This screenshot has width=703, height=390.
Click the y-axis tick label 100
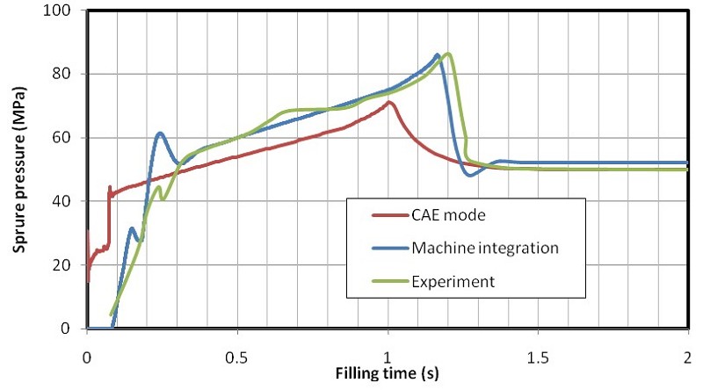tap(56, 11)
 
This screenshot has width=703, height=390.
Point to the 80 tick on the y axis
tap(62, 74)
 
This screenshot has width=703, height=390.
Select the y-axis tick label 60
tap(62, 137)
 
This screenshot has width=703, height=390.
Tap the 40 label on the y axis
tap(62, 201)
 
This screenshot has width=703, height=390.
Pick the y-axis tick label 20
tap(62, 264)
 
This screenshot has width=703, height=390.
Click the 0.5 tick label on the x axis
tap(236, 358)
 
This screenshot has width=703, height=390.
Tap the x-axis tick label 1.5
tap(538, 358)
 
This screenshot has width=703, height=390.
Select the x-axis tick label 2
tap(687, 358)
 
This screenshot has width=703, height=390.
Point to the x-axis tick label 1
tap(388, 358)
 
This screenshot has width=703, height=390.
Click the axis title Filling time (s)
tap(388, 373)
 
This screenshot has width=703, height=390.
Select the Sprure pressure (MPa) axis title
tap(19, 170)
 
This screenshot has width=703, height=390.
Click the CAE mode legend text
tap(448, 215)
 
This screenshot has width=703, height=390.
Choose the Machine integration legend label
tap(485, 248)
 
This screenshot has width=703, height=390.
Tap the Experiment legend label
tap(453, 281)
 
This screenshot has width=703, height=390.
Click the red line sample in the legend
tap(391, 215)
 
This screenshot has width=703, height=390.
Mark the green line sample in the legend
tap(391, 281)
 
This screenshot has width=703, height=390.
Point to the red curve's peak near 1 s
tap(389, 102)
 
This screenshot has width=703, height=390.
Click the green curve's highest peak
tap(448, 54)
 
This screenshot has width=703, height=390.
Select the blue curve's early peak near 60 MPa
tap(160, 134)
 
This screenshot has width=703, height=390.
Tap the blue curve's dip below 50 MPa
tap(470, 175)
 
